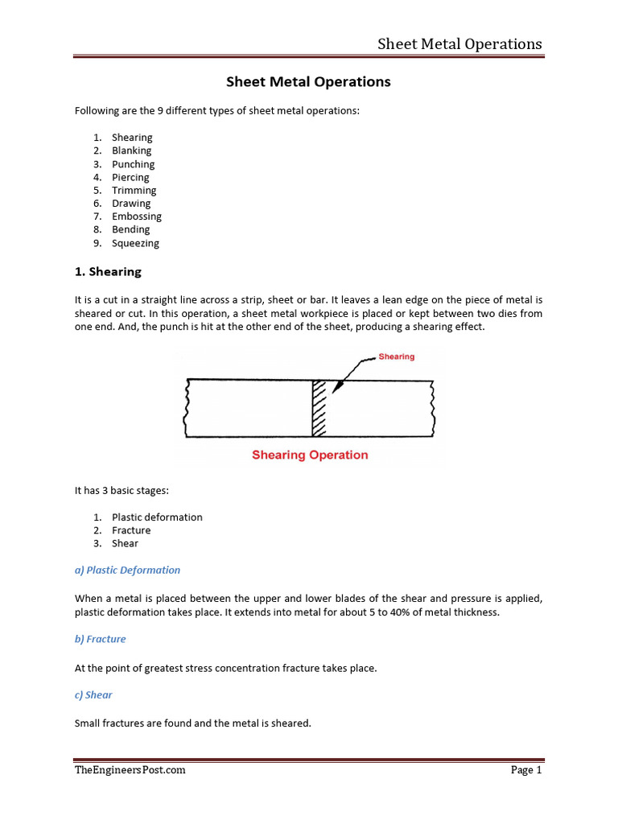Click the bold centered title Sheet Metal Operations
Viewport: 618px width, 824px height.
(308, 82)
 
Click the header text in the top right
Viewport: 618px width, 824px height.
(459, 43)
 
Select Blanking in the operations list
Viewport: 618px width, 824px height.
(131, 150)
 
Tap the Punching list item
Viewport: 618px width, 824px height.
(133, 164)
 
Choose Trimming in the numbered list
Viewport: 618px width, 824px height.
(134, 190)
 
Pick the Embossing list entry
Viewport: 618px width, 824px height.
(136, 216)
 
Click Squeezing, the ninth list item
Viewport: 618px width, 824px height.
(135, 243)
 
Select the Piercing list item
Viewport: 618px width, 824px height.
(130, 177)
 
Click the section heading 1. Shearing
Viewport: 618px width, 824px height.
(108, 272)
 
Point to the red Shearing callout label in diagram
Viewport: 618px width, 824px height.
(397, 356)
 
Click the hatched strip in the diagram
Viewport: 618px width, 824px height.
(321, 409)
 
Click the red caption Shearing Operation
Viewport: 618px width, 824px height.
(310, 455)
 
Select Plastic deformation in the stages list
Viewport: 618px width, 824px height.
(157, 517)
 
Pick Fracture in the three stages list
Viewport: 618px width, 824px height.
(131, 530)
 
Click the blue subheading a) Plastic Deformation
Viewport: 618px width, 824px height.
(127, 570)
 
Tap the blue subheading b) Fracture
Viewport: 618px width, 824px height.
(101, 639)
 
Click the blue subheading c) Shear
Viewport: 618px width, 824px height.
(93, 694)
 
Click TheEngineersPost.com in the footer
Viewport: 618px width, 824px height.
(130, 770)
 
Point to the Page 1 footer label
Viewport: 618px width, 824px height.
(526, 770)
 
